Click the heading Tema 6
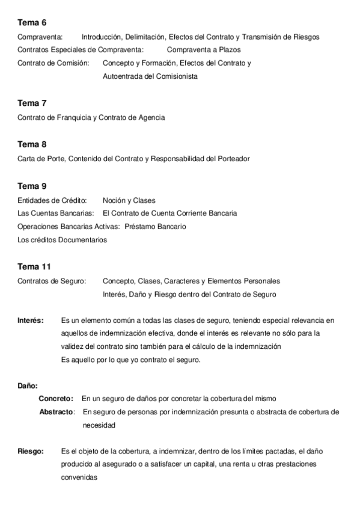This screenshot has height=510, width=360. [32, 23]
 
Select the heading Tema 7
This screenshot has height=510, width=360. [32, 103]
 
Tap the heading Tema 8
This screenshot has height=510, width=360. [32, 144]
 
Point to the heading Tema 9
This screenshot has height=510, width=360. [32, 186]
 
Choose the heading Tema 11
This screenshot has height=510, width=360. [34, 266]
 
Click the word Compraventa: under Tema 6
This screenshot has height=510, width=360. [40, 37]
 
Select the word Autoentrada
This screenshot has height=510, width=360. [123, 76]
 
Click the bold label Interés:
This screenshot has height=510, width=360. [31, 321]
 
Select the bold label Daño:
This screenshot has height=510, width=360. [28, 386]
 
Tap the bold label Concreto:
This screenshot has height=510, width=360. [56, 399]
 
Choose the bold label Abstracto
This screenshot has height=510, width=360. [56, 412]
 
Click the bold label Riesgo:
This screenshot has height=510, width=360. [31, 451]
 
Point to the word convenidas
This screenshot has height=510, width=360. [79, 478]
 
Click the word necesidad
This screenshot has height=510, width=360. [99, 425]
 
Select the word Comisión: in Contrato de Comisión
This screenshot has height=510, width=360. [73, 63]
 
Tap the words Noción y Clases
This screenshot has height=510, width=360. [129, 200]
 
